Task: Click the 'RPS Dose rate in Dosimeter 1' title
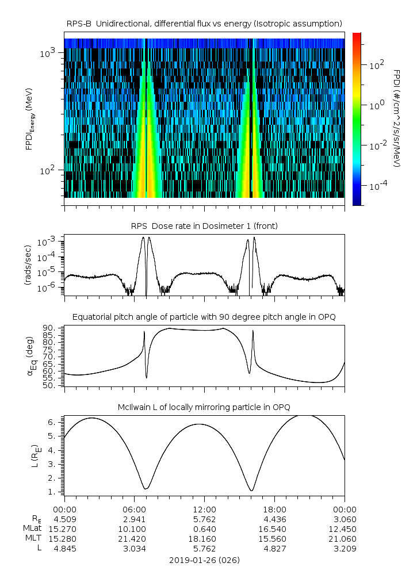204,226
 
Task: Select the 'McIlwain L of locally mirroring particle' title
204,407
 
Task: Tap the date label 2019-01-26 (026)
204,560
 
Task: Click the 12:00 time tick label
204,509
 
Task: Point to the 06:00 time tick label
134,509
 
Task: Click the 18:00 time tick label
274,509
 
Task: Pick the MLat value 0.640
204,528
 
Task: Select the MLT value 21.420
134,539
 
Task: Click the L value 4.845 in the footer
64,549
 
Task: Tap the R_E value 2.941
134,519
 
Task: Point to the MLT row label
32,539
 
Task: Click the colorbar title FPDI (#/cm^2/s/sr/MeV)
397,118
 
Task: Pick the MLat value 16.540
274,528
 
